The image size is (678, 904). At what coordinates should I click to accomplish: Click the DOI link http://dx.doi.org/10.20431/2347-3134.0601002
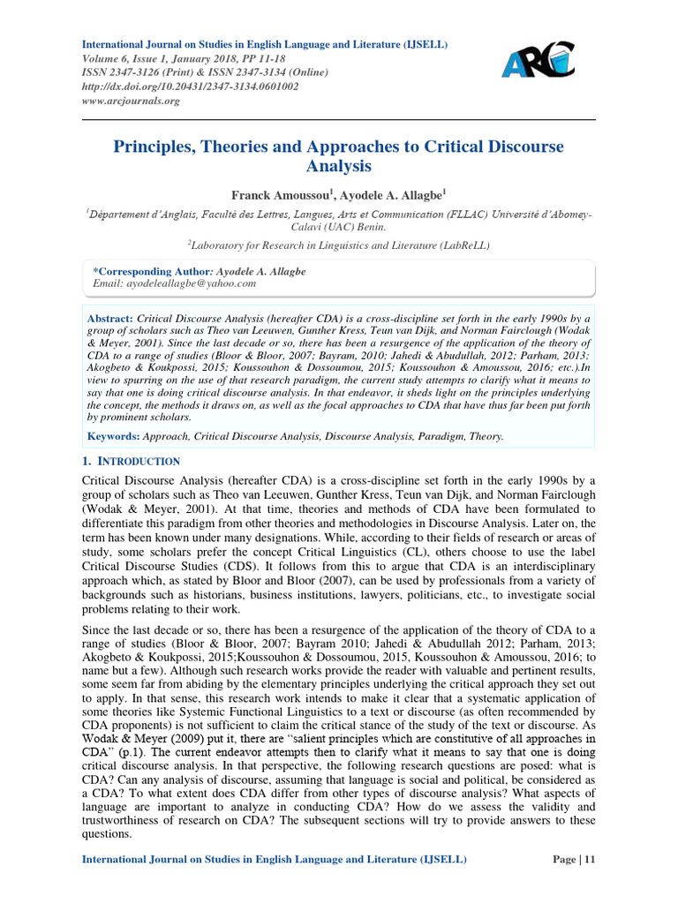tap(190, 87)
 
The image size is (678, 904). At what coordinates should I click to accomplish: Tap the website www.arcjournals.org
tap(131, 101)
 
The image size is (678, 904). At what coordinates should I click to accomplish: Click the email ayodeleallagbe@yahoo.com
tap(174, 283)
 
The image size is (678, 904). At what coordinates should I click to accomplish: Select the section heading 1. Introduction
tap(131, 461)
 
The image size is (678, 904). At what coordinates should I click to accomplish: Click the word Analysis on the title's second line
tap(339, 165)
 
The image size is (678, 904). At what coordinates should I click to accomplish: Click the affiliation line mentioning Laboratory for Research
tap(339, 245)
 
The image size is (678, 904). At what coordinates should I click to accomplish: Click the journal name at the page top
tap(265, 44)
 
